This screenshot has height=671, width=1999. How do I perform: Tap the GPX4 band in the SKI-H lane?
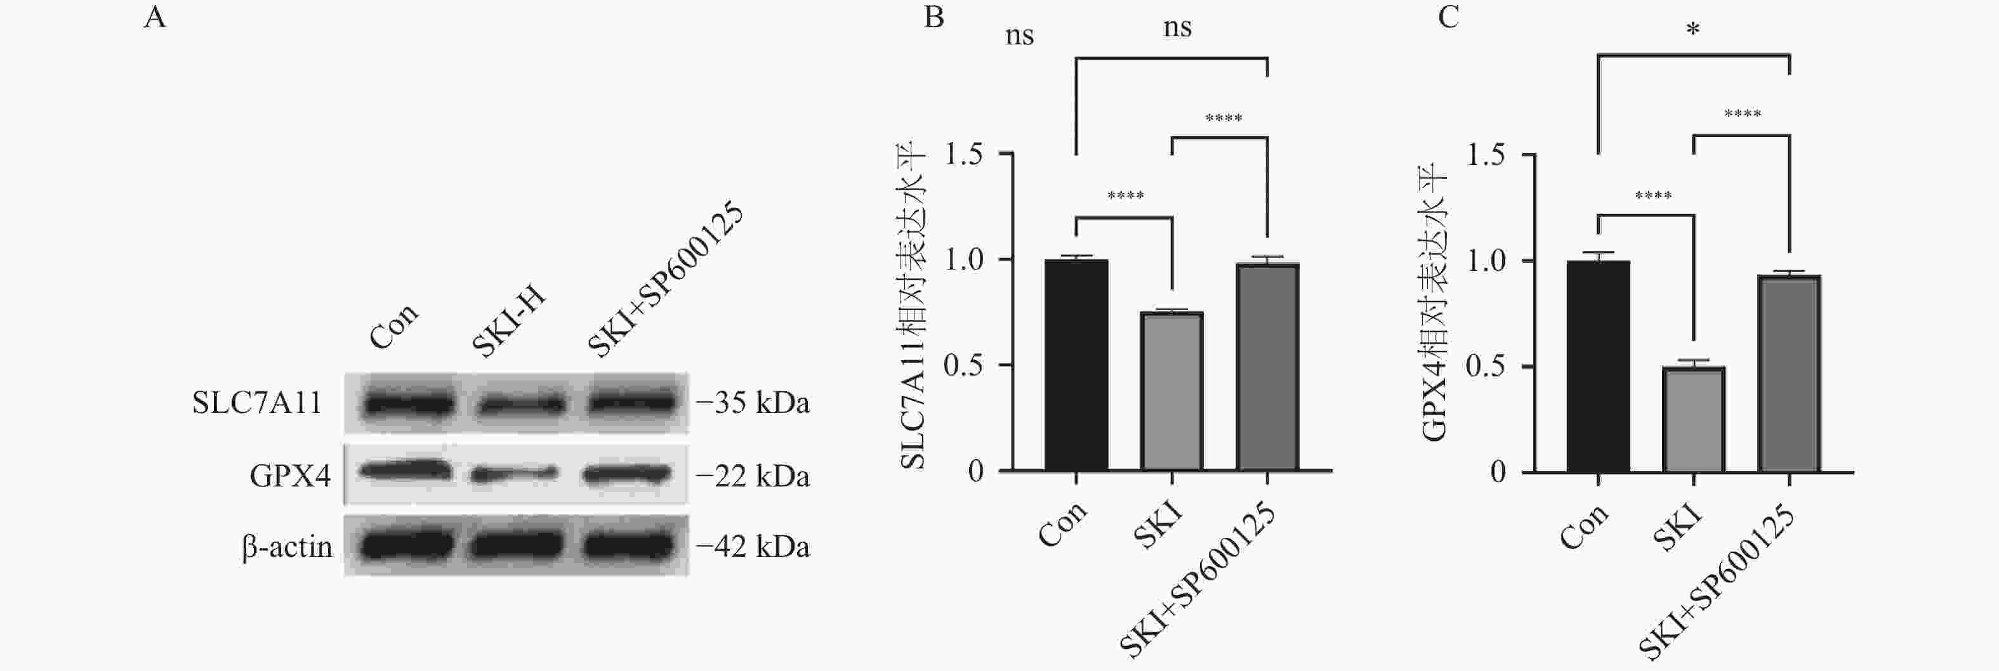pos(513,472)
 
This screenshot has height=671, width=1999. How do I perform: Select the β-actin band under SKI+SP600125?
pos(628,545)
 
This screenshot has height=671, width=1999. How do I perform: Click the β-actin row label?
pos(287,547)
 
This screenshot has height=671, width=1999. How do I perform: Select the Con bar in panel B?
pos(1076,365)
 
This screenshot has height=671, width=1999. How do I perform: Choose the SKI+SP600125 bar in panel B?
pos(1267,367)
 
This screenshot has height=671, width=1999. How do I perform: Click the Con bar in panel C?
pos(1598,366)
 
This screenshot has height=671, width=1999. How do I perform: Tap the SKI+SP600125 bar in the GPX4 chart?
pos(1789,373)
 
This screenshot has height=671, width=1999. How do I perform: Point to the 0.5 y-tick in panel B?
pos(963,365)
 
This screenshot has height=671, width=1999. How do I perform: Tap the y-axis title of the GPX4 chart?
pos(1435,303)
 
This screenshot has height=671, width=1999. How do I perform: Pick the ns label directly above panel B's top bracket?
pos(1177,28)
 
